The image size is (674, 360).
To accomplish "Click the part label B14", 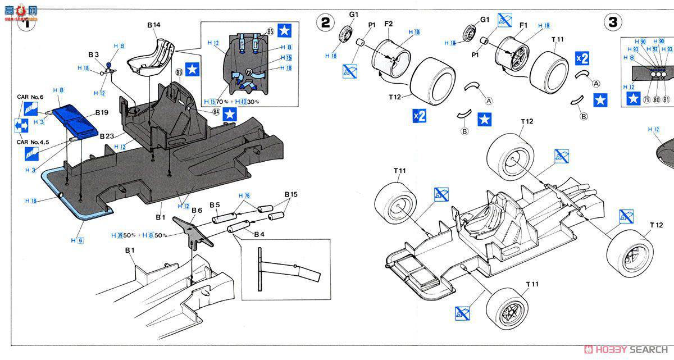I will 154,25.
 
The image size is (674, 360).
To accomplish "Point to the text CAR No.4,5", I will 33,142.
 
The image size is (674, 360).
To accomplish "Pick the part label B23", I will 107,136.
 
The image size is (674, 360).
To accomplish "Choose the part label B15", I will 290,195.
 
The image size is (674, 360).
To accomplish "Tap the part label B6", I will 197,210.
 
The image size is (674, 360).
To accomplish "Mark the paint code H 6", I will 77,240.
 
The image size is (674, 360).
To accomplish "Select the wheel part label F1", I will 523,25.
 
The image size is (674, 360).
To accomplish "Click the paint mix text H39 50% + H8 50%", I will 139,235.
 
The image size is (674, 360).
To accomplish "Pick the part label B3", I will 93,54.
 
